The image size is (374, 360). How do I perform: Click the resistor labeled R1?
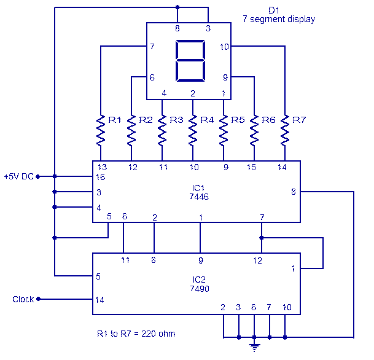[100, 129]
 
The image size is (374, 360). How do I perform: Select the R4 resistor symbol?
[193, 129]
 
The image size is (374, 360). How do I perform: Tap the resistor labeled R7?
[285, 129]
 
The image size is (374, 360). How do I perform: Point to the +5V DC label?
[18, 176]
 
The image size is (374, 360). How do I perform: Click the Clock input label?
[23, 299]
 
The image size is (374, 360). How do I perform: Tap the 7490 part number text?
[198, 286]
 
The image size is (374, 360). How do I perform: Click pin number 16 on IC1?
[101, 177]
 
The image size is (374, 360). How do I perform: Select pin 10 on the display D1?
[224, 46]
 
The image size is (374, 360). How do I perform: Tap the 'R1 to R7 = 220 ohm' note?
[136, 334]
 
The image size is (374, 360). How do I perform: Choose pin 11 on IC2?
[125, 260]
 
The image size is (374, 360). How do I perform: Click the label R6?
[268, 120]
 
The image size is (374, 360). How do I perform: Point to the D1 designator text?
[276, 10]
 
